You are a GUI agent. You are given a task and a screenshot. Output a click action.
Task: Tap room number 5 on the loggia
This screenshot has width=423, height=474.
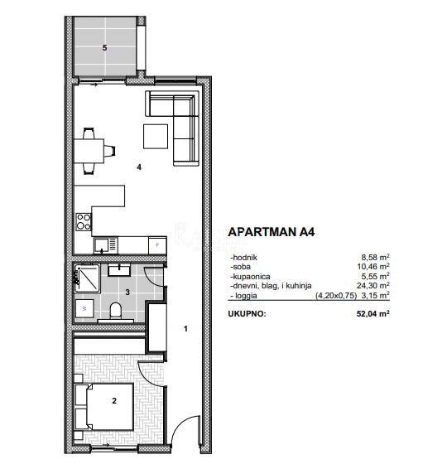tap(104, 47)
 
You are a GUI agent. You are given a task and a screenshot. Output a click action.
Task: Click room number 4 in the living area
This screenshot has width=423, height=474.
tap(139, 167)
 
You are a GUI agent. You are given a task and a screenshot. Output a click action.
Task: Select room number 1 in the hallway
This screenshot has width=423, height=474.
tap(185, 329)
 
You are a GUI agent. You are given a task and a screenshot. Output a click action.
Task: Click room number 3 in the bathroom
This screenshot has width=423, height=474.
tap(127, 292)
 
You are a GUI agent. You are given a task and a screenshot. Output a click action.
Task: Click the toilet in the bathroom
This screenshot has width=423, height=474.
tap(117, 311)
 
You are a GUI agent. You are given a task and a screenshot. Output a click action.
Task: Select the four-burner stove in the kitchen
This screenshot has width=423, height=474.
tap(83, 221)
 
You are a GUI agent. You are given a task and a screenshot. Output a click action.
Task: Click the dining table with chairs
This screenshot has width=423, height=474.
tap(93, 150)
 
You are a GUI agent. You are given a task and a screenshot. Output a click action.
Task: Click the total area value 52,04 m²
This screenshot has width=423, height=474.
tap(373, 314)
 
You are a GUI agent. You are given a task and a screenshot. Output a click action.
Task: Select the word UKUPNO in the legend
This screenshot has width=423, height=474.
tap(248, 314)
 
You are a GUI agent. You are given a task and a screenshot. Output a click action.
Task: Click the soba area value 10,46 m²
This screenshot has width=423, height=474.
tap(374, 268)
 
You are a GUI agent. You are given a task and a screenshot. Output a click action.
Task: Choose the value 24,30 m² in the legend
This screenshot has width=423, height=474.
tap(374, 285)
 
